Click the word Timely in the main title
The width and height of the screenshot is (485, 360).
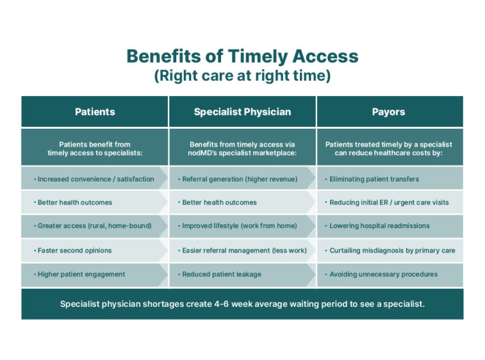pos(258,57)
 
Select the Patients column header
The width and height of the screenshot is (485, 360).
pos(95,112)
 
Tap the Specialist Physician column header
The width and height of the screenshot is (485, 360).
pos(242,112)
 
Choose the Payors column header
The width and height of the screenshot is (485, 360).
pos(388,112)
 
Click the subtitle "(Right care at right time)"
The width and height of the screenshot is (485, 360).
pos(242,76)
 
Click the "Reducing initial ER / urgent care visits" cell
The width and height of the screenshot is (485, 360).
pos(389,202)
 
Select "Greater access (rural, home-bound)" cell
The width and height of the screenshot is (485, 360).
pos(95,225)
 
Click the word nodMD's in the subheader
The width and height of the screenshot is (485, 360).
pos(202,153)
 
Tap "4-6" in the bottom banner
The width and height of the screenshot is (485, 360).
pos(222,304)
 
